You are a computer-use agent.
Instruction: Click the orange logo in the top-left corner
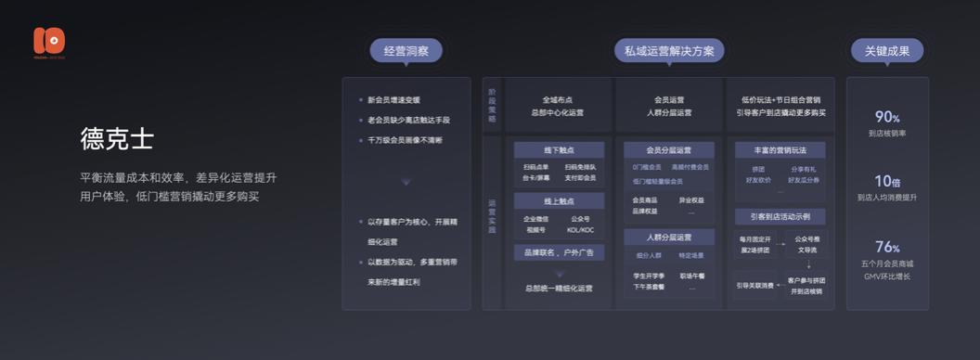(x=48, y=41)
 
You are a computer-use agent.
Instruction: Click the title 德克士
(x=117, y=140)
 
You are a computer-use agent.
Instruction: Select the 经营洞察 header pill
(x=406, y=51)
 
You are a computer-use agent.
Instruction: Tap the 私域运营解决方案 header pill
(x=663, y=51)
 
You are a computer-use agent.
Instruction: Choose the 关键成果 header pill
(x=886, y=51)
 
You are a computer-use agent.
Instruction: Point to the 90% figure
(x=887, y=117)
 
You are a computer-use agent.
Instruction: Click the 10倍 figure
(x=887, y=181)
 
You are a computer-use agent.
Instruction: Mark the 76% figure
(x=887, y=247)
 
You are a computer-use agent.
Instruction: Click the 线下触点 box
(x=559, y=149)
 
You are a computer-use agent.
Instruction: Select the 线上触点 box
(x=559, y=200)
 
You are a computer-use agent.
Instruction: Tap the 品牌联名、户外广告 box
(x=559, y=252)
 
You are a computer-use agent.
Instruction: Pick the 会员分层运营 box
(x=668, y=149)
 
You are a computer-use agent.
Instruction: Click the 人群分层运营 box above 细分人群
(x=668, y=237)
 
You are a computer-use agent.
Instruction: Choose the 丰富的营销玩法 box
(x=780, y=149)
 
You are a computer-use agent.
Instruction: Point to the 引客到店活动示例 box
(x=780, y=216)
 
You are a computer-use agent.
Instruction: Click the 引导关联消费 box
(x=754, y=285)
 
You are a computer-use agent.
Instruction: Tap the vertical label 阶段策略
(x=492, y=105)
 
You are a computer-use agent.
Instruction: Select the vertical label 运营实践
(x=492, y=215)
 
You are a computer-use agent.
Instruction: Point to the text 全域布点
(x=558, y=99)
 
